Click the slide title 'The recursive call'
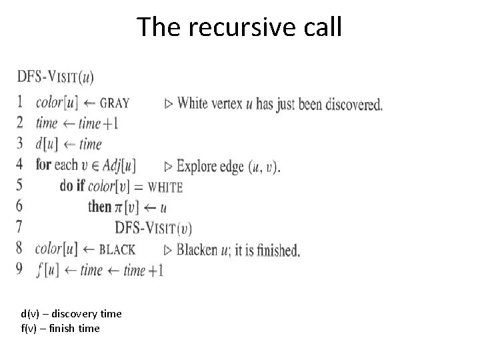[239, 27]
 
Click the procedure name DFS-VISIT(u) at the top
[55, 77]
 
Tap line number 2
[20, 123]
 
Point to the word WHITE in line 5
[165, 187]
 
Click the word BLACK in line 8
[117, 250]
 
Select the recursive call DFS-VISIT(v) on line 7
[153, 229]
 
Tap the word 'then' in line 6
[99, 207]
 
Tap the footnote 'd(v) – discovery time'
[67, 313]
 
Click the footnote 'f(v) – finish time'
[60, 328]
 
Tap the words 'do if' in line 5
[73, 187]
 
